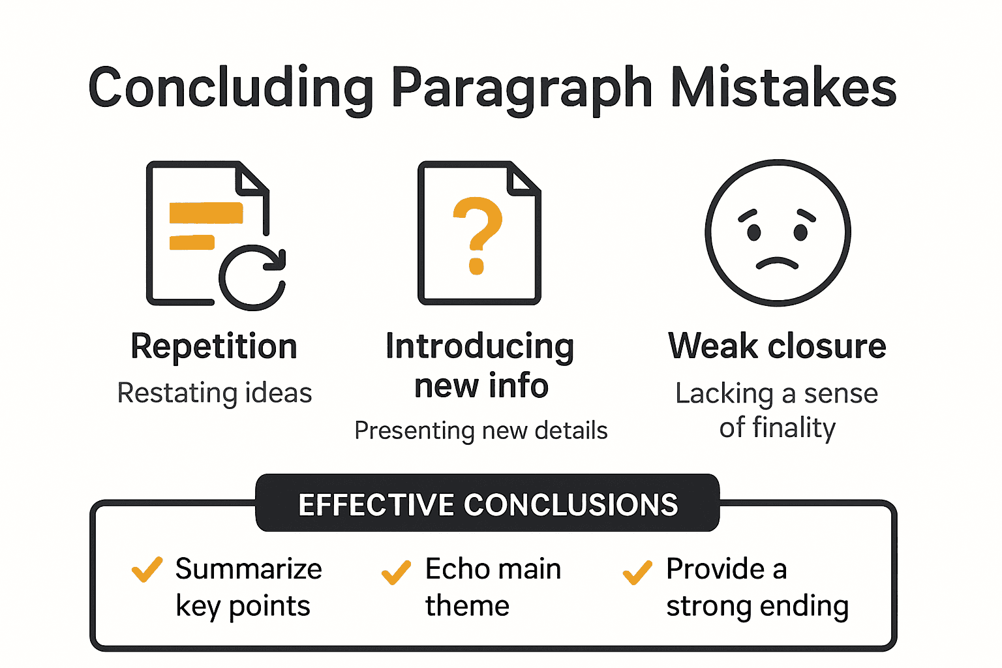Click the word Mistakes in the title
point(783,88)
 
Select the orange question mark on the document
point(478,235)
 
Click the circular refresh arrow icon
point(252,278)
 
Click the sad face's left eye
point(753,232)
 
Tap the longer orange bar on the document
point(206,213)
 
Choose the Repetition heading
point(214,346)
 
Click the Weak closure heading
point(777,346)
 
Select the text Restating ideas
point(215,393)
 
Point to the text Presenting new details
point(481,431)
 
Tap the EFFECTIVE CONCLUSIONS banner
point(487,504)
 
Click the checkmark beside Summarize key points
point(147,570)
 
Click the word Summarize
point(249,569)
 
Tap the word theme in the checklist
point(467,606)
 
